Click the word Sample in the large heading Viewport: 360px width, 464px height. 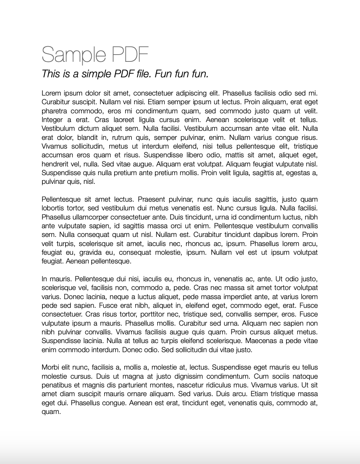69,55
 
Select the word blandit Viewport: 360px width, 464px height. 92,138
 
